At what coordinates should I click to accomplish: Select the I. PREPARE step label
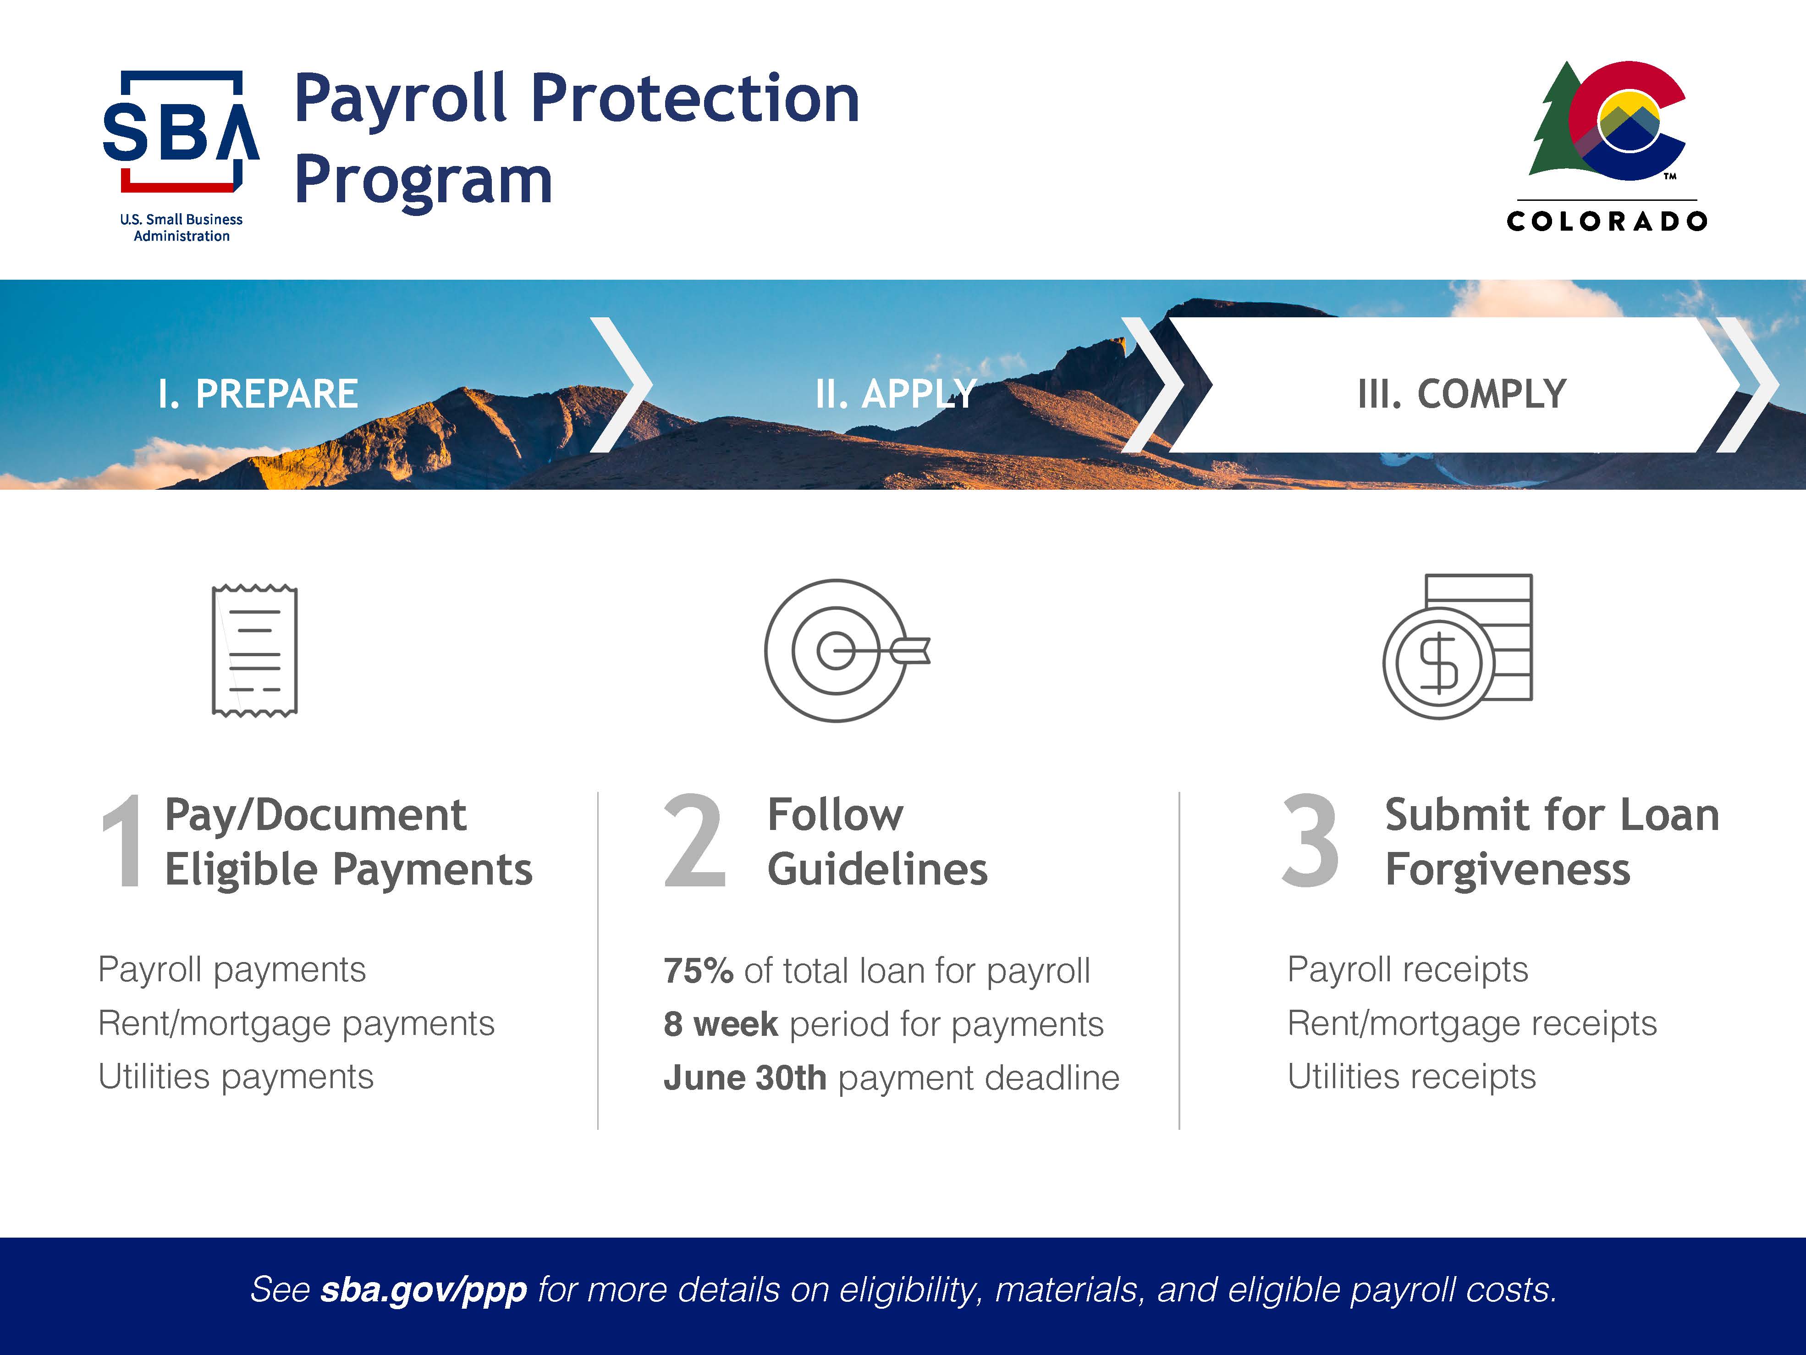(258, 394)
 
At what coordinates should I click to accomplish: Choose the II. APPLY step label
(896, 394)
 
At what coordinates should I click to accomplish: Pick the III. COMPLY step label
(1461, 394)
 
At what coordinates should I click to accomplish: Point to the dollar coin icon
(1457, 647)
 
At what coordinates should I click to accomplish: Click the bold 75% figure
(698, 971)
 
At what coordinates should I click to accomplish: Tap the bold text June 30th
(744, 1078)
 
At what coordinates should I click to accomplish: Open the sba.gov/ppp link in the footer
(424, 1290)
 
